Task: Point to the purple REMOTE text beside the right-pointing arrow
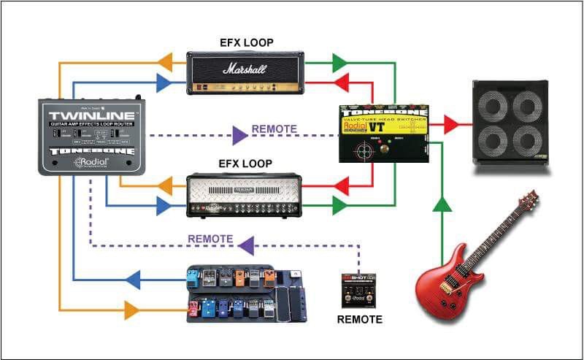pos(274,129)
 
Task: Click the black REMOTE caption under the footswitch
pos(359,319)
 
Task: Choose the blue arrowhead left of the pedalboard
pos(132,278)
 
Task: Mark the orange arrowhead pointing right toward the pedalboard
pos(132,310)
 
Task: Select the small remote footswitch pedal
pos(358,291)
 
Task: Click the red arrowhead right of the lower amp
pos(339,186)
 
